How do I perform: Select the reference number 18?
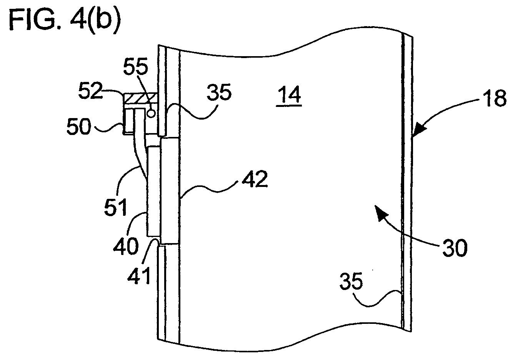[x=495, y=98]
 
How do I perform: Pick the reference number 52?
[x=91, y=90]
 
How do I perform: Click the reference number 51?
[x=116, y=207]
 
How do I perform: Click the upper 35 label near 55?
[x=219, y=92]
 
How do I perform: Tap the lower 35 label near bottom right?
[x=351, y=281]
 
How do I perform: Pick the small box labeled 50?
[x=128, y=122]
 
